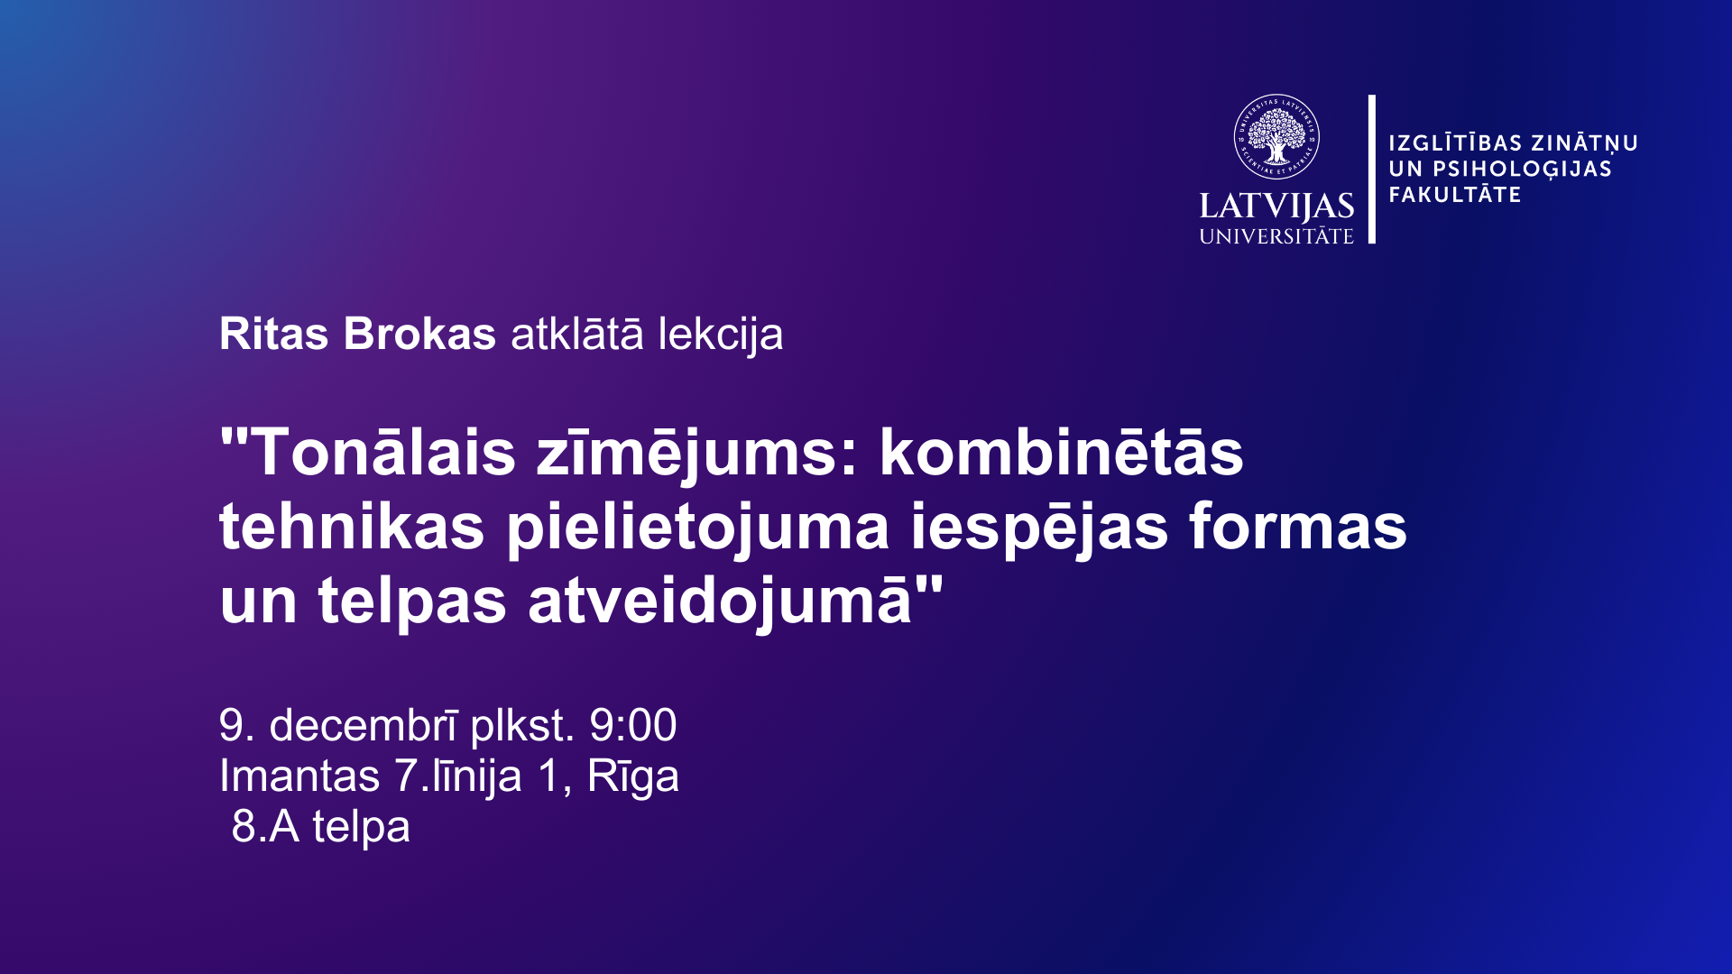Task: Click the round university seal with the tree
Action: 1276,137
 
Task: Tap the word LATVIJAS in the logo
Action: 1276,207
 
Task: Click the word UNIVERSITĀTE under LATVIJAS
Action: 1276,235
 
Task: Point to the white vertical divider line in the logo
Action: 1372,169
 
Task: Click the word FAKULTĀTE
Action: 1455,194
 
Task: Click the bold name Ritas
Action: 274,334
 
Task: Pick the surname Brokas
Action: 419,334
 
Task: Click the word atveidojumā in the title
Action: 720,602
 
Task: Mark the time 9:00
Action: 633,725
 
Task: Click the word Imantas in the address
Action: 299,776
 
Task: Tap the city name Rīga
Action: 633,777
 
